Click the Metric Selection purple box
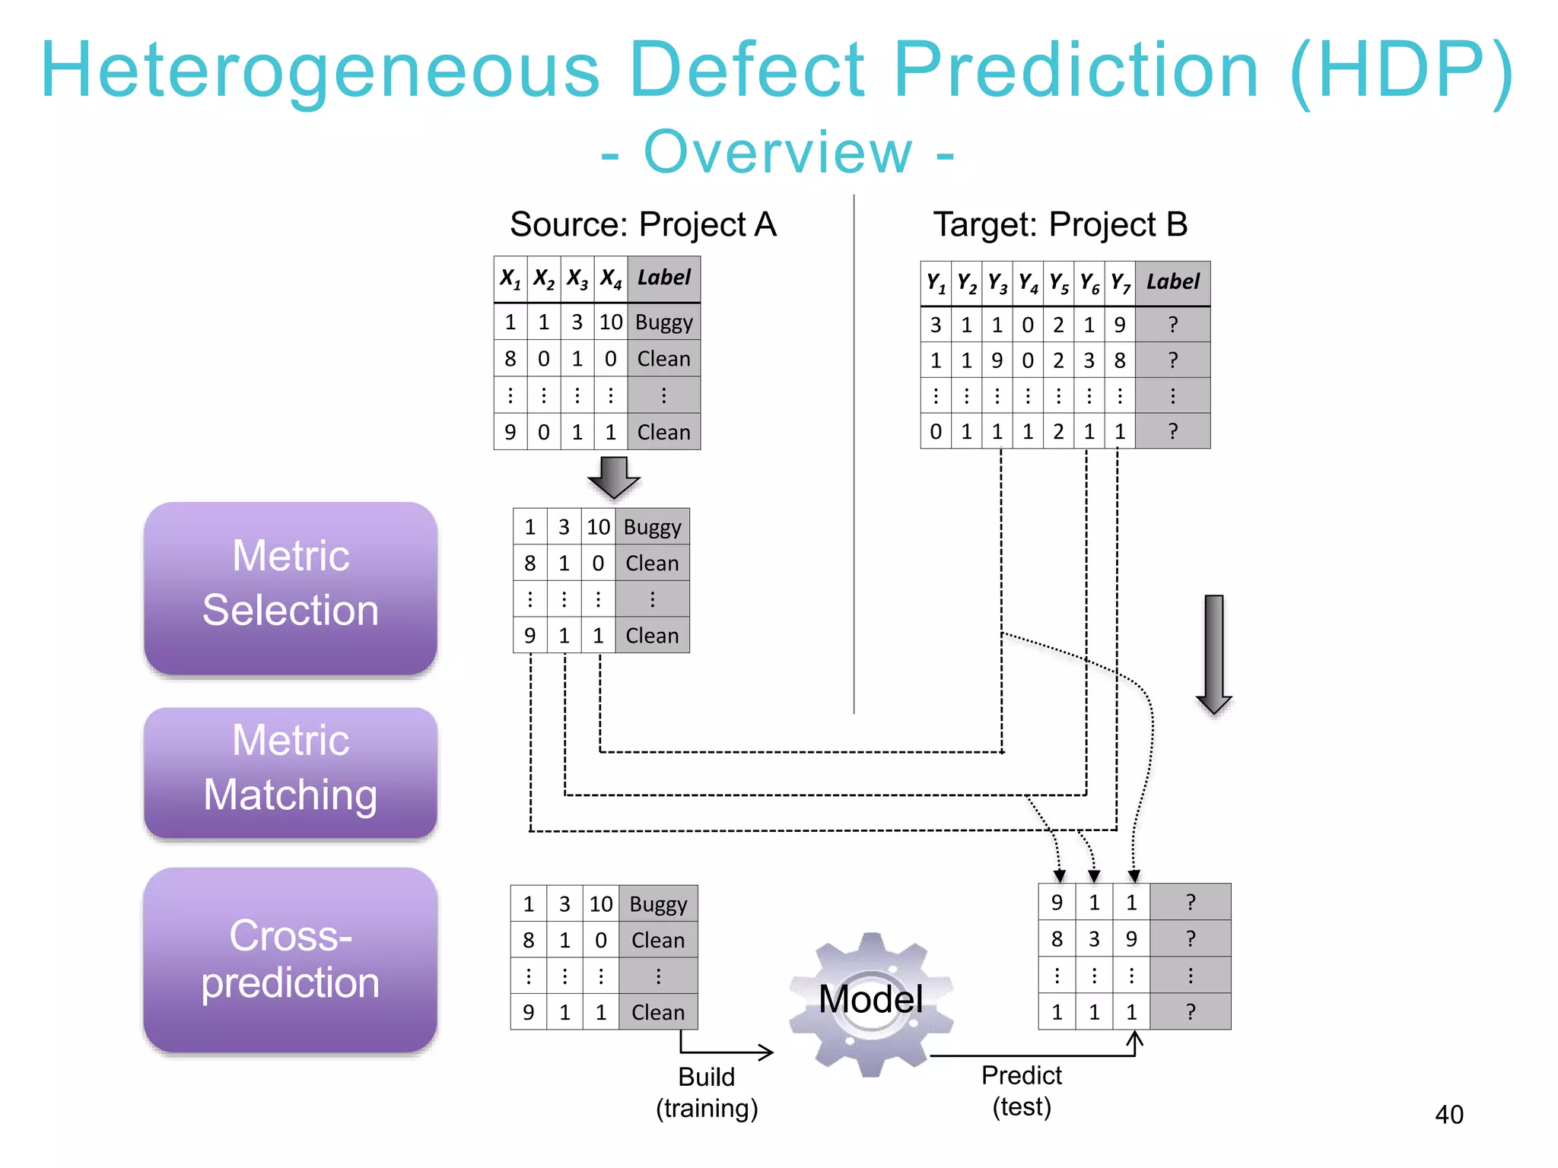coord(290,586)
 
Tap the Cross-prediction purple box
coord(290,959)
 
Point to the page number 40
coord(1448,1115)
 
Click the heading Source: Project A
coord(643,224)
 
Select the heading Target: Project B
coord(1060,224)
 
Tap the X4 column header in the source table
coord(611,279)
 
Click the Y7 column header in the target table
coord(1120,284)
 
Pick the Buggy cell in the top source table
coord(663,322)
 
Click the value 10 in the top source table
coord(611,322)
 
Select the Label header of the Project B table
coord(1172,282)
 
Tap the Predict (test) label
coord(1021,1091)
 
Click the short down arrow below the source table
coord(614,477)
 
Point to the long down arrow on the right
coord(1213,654)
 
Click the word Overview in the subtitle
coord(777,152)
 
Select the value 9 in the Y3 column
coord(997,360)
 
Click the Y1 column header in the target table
coord(936,284)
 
